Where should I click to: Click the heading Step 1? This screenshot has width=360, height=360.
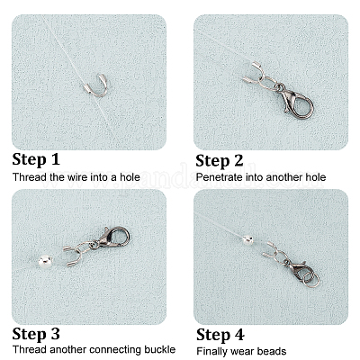click(36, 159)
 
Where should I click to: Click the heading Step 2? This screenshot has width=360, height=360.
click(220, 161)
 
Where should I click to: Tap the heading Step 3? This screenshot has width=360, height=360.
click(36, 334)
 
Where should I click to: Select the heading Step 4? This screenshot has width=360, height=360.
click(220, 335)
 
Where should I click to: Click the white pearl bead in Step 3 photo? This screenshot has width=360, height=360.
click(44, 261)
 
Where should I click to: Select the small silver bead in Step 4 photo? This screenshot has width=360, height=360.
click(248, 239)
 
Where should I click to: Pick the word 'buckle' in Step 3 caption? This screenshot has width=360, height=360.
click(160, 350)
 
